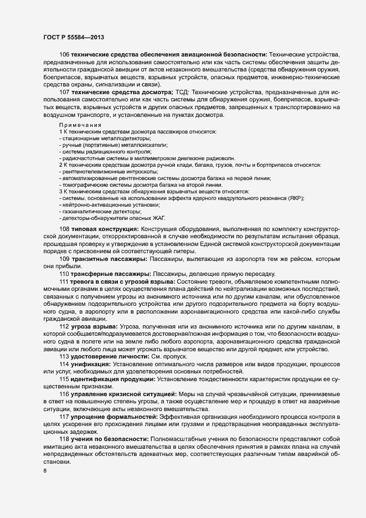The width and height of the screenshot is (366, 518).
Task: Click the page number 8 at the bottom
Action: pyautogui.click(x=45, y=471)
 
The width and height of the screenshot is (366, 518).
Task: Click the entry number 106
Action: pyautogui.click(x=64, y=54)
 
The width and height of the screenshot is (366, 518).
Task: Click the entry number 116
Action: pyautogui.click(x=64, y=393)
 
